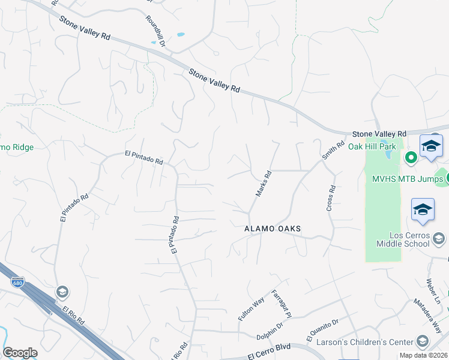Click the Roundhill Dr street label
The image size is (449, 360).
(x=155, y=28)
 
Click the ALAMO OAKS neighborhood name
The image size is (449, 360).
(x=273, y=229)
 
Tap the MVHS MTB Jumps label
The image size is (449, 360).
(x=403, y=178)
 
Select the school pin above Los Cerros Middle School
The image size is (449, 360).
(x=423, y=210)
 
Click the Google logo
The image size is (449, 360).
(x=20, y=353)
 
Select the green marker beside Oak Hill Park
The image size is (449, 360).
(x=411, y=158)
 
